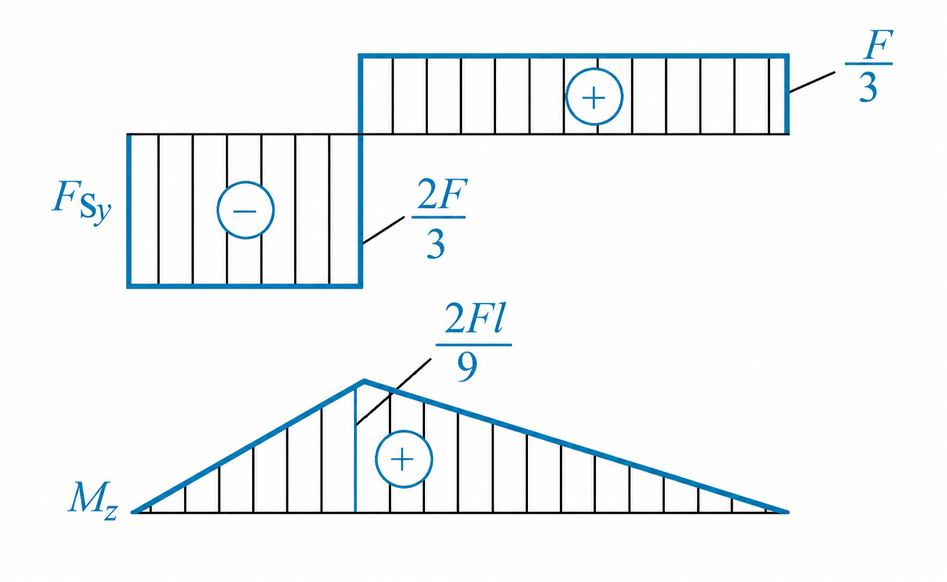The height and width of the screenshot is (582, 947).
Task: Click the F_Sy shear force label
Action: click(x=82, y=202)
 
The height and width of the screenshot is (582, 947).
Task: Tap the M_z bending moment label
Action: click(x=93, y=501)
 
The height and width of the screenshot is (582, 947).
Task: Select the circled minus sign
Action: click(x=246, y=210)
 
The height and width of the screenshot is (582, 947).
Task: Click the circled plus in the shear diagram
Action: click(x=594, y=97)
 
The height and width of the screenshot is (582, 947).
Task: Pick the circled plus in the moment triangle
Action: click(x=404, y=459)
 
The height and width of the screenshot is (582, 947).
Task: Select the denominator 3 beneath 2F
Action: click(x=436, y=244)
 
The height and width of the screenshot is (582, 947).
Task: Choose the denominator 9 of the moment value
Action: click(x=468, y=366)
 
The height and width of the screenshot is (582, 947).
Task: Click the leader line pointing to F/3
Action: click(x=812, y=82)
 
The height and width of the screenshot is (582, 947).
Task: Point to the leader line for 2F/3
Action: click(x=384, y=230)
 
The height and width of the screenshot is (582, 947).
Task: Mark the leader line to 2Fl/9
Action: click(x=394, y=392)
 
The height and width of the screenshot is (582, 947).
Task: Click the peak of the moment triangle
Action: click(x=365, y=381)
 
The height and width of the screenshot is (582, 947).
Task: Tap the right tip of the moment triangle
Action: click(x=788, y=512)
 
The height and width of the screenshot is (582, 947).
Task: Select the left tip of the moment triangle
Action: click(x=133, y=512)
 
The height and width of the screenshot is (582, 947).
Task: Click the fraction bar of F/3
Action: click(x=869, y=64)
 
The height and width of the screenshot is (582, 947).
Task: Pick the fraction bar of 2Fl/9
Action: click(x=474, y=345)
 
